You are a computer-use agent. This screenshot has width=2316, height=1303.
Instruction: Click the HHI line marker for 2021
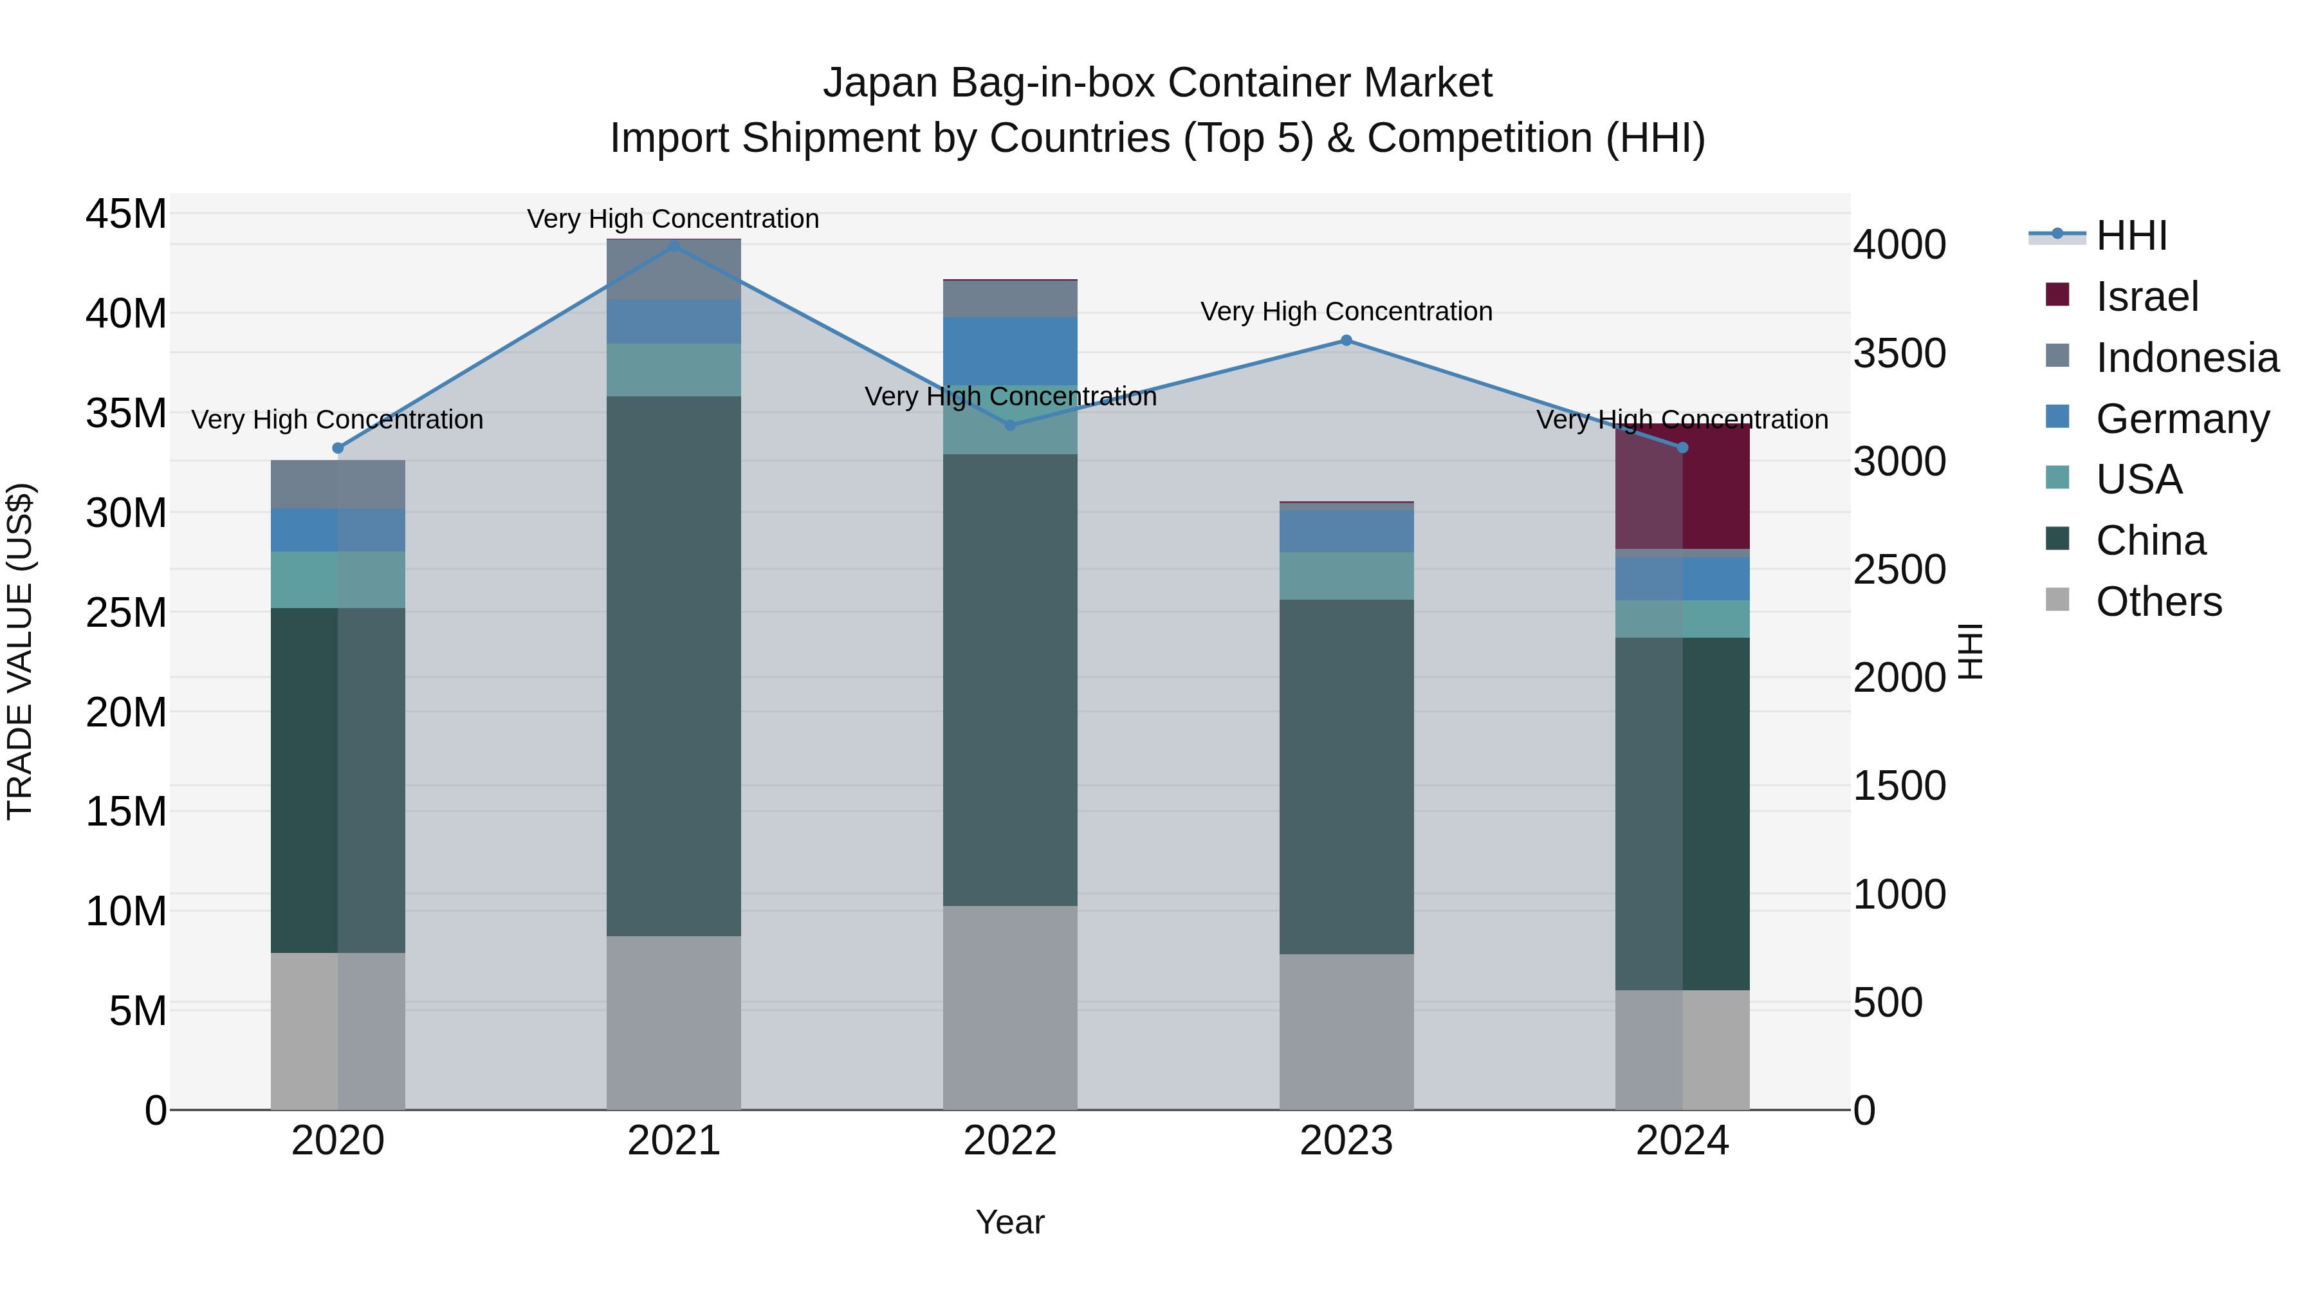(x=674, y=246)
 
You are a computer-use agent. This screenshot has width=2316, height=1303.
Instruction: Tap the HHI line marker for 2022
(x=1009, y=425)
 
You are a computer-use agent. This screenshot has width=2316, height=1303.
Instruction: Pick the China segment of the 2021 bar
(x=674, y=665)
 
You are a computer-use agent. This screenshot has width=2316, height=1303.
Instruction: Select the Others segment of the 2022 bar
(x=1009, y=1007)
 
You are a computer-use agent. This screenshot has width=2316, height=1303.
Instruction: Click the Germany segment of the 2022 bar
(x=1009, y=351)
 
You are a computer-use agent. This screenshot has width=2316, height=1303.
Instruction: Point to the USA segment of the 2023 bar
(x=1346, y=575)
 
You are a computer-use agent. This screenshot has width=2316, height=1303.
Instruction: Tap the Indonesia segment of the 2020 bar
(x=337, y=484)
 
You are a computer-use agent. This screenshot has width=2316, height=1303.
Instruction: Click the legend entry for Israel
(x=2146, y=297)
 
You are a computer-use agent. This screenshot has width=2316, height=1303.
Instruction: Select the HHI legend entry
(x=2131, y=236)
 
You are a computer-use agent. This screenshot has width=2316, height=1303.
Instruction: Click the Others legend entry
(x=2158, y=602)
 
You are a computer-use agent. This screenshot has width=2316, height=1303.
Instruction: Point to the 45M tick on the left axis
(x=126, y=214)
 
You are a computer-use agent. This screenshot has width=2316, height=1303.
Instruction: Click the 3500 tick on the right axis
(x=1899, y=353)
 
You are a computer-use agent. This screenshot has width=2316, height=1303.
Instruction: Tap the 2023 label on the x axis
(x=1346, y=1141)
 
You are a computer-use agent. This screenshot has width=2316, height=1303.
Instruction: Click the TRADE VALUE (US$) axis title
(x=20, y=651)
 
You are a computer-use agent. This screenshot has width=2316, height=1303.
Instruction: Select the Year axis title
(x=1009, y=1222)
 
